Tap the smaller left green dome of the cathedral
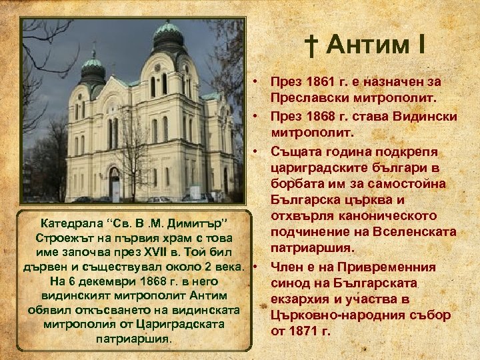93,65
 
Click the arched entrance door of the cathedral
114,185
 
